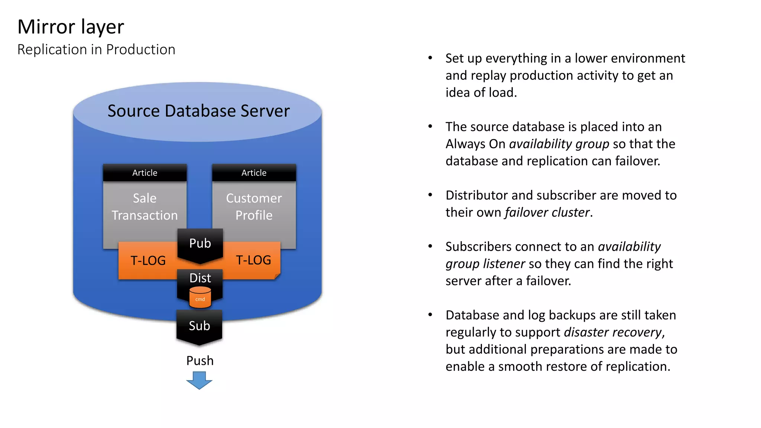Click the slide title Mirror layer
point(71,27)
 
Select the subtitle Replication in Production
point(96,50)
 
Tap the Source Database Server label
point(198,111)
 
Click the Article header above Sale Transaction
point(145,173)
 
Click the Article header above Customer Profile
point(254,173)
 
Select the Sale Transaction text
point(145,207)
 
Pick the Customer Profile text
point(254,207)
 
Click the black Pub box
point(200,244)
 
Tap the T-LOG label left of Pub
point(148,261)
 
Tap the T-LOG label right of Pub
point(253,260)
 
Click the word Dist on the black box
point(200,278)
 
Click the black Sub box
point(200,326)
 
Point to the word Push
point(200,361)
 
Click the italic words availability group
point(559,144)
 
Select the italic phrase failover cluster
point(547,213)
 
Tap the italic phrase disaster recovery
point(613,332)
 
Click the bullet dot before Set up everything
point(430,58)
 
